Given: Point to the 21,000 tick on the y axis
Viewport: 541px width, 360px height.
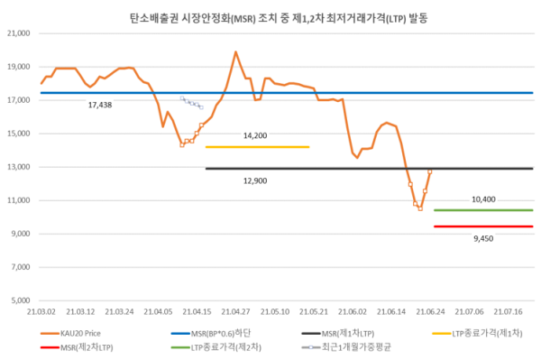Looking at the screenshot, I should pyautogui.click(x=19, y=33).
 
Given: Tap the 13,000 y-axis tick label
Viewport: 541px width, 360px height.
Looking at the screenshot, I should pyautogui.click(x=19, y=167).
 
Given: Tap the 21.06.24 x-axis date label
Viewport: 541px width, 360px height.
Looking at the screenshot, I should pyautogui.click(x=430, y=310).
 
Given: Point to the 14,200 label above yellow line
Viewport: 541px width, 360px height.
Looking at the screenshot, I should pyautogui.click(x=256, y=135).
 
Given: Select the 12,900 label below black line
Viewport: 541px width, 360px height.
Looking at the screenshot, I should pyautogui.click(x=256, y=180).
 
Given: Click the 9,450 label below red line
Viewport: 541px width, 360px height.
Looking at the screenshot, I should pyautogui.click(x=483, y=240).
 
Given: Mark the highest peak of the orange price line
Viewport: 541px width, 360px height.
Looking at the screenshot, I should pyautogui.click(x=235, y=52).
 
